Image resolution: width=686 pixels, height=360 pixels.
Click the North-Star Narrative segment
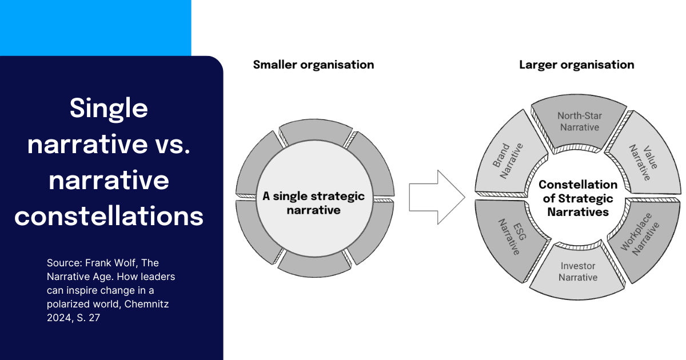tap(579, 121)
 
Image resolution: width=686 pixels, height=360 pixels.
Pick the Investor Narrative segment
tap(578, 272)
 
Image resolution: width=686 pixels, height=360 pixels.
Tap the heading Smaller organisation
tap(313, 65)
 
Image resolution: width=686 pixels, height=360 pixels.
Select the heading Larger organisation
tap(576, 65)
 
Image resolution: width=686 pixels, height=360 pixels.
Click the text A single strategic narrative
tap(313, 203)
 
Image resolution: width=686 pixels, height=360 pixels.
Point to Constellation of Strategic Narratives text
tap(578, 198)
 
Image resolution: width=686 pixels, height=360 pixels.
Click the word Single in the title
tap(109, 108)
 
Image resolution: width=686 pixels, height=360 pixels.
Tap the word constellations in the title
tap(109, 216)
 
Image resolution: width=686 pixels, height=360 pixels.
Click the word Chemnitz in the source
tap(146, 304)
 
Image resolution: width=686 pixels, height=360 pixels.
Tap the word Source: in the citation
tap(65, 263)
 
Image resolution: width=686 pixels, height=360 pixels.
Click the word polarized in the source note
tap(69, 304)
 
